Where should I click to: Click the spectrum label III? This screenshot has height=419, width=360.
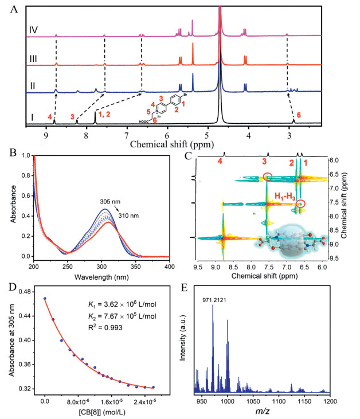(34, 58)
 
